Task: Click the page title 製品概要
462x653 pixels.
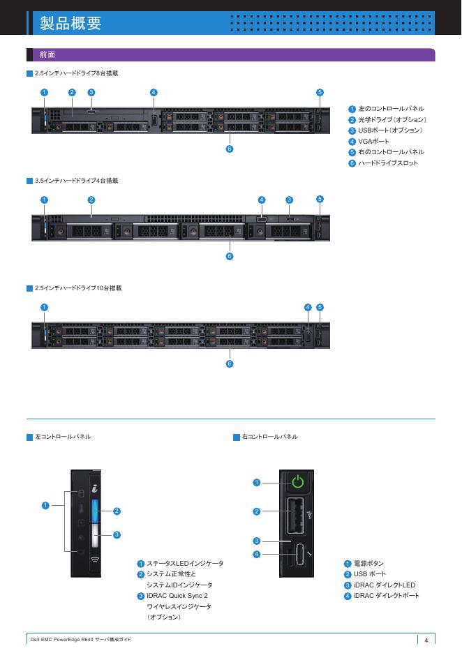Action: [x=70, y=23]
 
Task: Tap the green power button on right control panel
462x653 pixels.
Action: [x=298, y=481]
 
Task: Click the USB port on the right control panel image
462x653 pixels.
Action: [x=295, y=516]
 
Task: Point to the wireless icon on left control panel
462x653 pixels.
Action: [x=94, y=560]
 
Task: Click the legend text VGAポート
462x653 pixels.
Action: [x=373, y=141]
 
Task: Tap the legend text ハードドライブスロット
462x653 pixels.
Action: [x=388, y=163]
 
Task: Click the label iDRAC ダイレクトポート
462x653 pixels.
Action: [x=386, y=596]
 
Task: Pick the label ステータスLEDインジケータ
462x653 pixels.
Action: [x=185, y=563]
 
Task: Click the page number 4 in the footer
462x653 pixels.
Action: [x=426, y=640]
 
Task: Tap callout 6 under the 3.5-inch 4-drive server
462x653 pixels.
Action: [x=230, y=257]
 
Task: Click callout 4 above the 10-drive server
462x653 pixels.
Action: [x=308, y=307]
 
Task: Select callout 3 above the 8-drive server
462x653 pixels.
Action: [x=91, y=92]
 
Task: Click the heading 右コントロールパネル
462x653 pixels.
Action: [x=269, y=437]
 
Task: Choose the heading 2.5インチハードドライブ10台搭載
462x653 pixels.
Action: [x=78, y=287]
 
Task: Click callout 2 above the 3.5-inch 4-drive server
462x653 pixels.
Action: [x=91, y=200]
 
